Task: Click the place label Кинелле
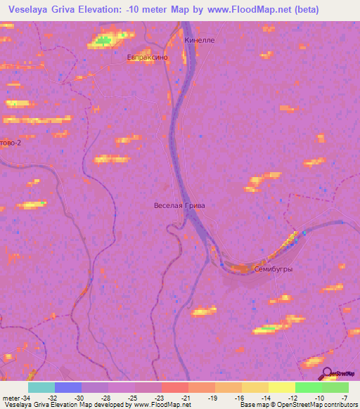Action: (199, 41)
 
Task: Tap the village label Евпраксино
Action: (147, 58)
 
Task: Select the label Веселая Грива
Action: (179, 205)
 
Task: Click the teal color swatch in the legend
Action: (41, 387)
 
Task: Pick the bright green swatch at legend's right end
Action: (335, 387)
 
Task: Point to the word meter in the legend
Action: (11, 398)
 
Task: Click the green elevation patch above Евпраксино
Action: (105, 40)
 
